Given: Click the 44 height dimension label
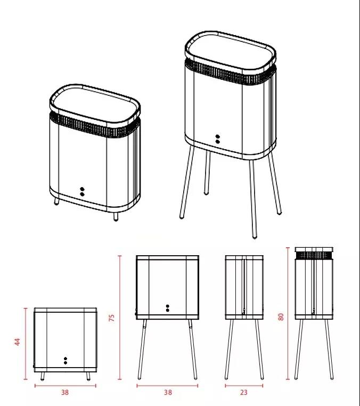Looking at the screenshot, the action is [18, 342].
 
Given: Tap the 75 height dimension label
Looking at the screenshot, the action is [111, 318].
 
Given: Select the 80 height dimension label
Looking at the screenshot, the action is [281, 316].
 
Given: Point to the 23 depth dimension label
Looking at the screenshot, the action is [244, 393].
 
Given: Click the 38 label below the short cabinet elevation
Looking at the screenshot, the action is [65, 393].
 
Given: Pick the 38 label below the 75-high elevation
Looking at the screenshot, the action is [168, 393].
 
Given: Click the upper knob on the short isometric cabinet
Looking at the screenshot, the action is [82, 189].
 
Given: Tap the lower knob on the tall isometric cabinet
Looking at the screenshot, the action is [218, 142].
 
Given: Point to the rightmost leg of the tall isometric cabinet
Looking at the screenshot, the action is [275, 183].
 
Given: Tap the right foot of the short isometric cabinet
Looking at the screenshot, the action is [116, 216].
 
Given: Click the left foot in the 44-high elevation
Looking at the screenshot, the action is [43, 376].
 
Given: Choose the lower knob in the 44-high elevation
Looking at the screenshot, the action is [66, 363].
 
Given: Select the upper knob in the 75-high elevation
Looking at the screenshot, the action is [167, 306].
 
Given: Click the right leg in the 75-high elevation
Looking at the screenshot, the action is [193, 350].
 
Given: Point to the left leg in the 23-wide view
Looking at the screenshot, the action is [229, 350].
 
